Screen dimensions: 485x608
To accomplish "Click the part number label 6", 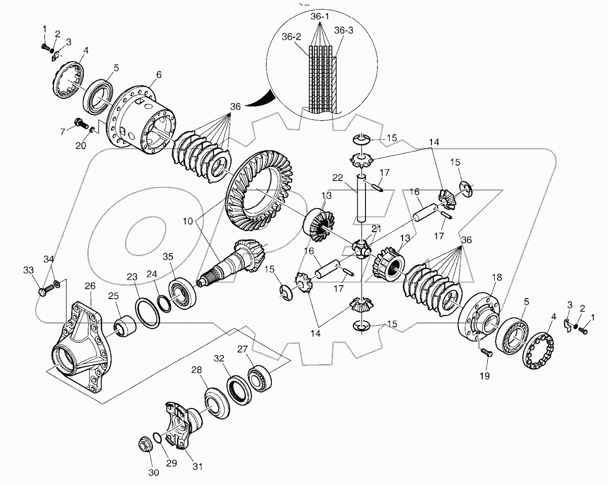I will tap(145, 75).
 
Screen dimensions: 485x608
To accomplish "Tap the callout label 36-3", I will tap(343, 30).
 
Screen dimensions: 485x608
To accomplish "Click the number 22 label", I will tap(351, 178).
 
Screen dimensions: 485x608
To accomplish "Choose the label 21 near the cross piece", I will tap(376, 228).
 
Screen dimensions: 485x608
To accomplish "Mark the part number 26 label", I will tap(90, 286).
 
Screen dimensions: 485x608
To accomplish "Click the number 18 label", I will tap(496, 277).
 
